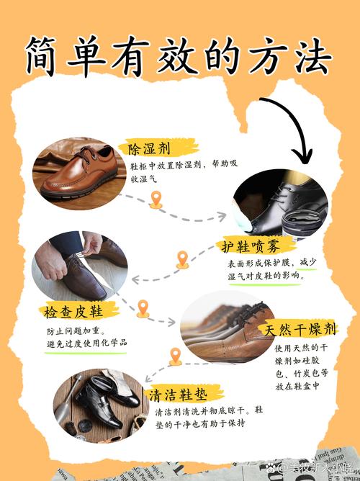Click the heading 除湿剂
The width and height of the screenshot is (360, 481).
149,149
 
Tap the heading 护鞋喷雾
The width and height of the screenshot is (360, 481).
251,246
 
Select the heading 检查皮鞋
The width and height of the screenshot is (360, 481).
73,311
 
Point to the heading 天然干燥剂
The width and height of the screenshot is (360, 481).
300,330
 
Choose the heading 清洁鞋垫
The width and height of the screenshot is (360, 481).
178,395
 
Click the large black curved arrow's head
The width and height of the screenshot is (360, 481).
302,156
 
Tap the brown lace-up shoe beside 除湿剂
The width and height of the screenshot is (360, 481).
79,174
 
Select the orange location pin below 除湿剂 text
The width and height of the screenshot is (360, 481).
156,199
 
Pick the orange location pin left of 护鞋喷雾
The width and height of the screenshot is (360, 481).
182,259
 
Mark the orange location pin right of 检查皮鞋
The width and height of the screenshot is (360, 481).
143,308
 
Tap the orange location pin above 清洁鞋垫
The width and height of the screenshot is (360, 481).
176,356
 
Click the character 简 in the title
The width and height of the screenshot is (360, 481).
40,56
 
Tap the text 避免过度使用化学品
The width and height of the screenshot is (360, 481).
87,343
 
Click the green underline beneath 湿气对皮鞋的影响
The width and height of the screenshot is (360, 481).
265,284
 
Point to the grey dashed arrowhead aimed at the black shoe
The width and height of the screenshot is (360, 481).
222,217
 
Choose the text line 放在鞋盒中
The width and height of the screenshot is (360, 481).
297,386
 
